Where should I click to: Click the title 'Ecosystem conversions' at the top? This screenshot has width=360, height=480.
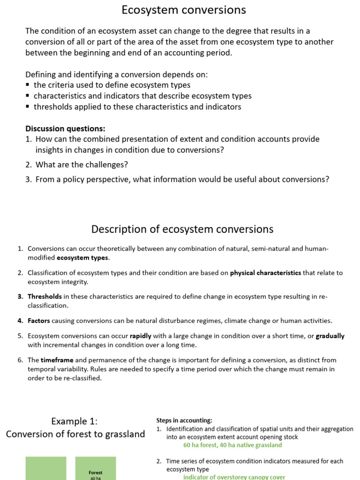point(184,10)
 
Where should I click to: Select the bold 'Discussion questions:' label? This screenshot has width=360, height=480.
point(65,128)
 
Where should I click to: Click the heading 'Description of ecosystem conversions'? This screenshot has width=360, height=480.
point(182,229)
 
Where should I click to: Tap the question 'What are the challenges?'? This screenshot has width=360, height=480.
point(82,165)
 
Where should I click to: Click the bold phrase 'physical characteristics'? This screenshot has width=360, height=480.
point(265,273)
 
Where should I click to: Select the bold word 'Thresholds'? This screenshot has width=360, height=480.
point(45,297)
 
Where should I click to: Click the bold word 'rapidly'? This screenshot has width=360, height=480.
point(141,336)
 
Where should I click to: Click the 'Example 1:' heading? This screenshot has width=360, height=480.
point(75,421)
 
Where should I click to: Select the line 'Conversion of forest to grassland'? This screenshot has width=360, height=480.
point(75,434)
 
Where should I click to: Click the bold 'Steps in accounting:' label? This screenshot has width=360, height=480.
point(184,420)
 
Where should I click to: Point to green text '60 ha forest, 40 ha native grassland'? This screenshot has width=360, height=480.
point(232,445)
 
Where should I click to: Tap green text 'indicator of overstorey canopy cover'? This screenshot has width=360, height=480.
point(234,477)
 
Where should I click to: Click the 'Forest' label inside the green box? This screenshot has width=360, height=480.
point(96,472)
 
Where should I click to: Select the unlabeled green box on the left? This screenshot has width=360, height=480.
point(45,468)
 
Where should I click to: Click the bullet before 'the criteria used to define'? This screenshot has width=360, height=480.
point(28,85)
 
